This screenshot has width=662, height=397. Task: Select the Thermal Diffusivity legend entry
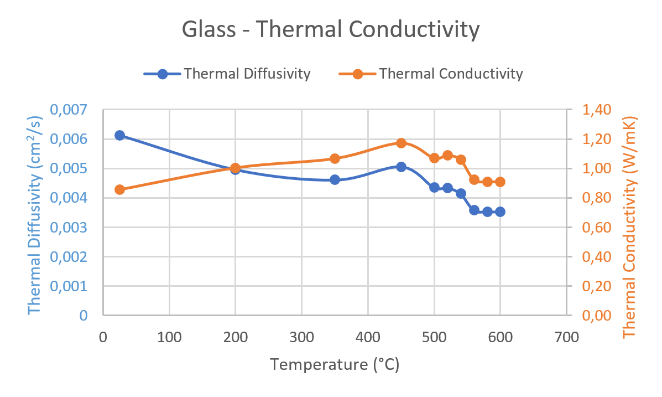tap(227, 74)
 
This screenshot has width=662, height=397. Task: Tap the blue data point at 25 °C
tap(119, 135)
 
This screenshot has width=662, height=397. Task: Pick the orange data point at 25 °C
tap(119, 189)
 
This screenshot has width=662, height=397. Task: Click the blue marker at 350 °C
tap(335, 179)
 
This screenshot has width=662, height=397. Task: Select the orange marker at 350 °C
tap(335, 158)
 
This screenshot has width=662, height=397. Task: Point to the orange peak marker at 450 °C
tap(401, 143)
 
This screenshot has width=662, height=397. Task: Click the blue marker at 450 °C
tap(401, 167)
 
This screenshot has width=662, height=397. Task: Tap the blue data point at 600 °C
tap(500, 212)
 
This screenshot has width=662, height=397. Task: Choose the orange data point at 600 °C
tap(500, 182)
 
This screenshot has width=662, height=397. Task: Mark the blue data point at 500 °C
tap(434, 187)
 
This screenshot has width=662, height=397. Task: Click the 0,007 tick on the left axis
tap(69, 110)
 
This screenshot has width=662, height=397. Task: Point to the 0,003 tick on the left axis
tap(69, 228)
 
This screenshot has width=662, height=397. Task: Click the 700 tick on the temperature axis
tap(566, 337)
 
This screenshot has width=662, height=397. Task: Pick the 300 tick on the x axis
tap(301, 337)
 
